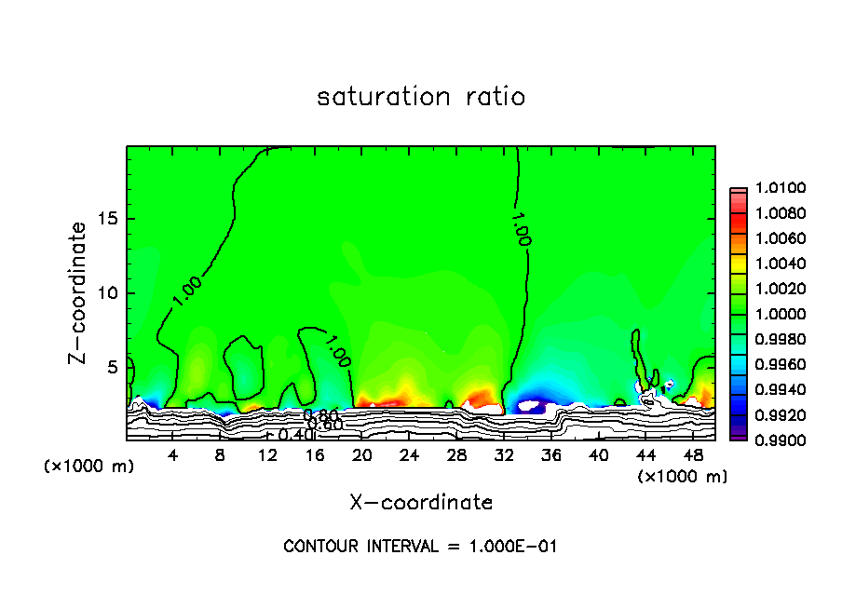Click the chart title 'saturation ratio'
coord(421,97)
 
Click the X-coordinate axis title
coord(421,503)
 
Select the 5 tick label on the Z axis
coord(112,368)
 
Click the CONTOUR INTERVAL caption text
coord(420,547)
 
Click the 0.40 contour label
coord(295,435)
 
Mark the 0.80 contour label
coord(320,415)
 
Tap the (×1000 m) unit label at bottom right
coord(683,476)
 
